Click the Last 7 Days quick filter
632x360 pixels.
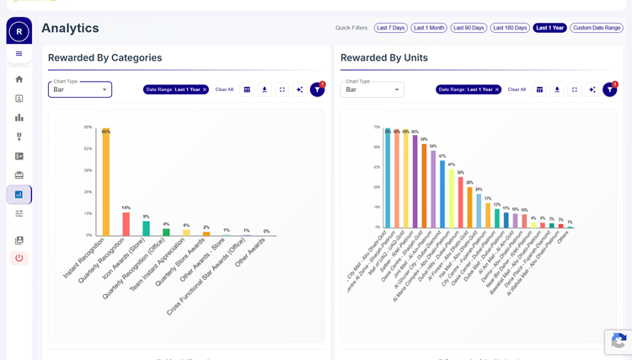click(x=391, y=28)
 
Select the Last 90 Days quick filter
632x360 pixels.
click(x=468, y=28)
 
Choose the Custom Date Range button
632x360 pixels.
click(x=597, y=28)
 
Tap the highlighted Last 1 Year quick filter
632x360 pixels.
click(x=550, y=28)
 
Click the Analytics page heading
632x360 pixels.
click(x=70, y=28)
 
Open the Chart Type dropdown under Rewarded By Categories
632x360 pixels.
click(x=80, y=89)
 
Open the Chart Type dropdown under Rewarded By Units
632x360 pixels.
click(x=372, y=89)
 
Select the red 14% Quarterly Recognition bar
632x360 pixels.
click(x=126, y=223)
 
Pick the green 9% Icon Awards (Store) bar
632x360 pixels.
click(x=146, y=228)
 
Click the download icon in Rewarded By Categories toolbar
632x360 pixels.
click(x=265, y=89)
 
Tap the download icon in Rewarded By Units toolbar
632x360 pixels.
click(x=557, y=89)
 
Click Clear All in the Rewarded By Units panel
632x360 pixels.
click(x=517, y=89)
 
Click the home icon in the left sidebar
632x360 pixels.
click(x=19, y=79)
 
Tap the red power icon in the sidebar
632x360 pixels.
click(x=19, y=258)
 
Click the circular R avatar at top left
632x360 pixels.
click(x=19, y=32)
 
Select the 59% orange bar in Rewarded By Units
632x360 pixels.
click(x=424, y=185)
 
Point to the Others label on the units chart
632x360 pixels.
click(x=562, y=237)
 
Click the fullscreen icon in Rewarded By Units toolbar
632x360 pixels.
click(x=575, y=89)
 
